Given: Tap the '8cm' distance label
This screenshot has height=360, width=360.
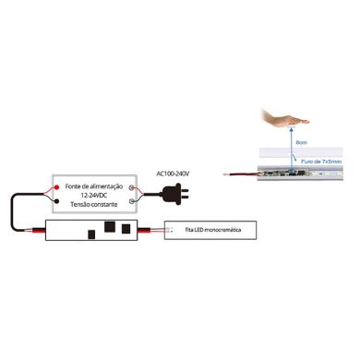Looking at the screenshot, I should coord(302,142).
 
